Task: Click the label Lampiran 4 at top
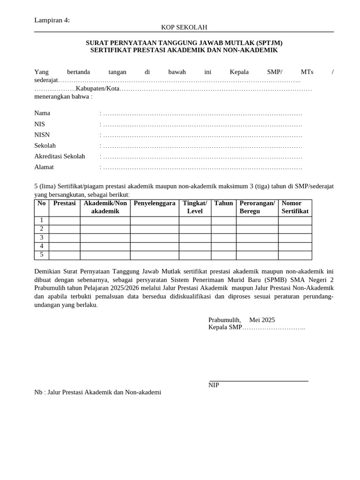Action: coord(52,20)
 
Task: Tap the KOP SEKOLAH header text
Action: coord(184,27)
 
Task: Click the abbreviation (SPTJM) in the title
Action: coord(269,43)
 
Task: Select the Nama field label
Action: coord(42,113)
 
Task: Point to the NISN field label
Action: coord(42,135)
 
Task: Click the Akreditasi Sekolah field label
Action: coord(60,156)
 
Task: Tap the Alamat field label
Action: coord(44,167)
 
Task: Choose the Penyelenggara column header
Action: coord(154,203)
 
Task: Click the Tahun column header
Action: coord(224,203)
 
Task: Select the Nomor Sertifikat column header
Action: coord(295,207)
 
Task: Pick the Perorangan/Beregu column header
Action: coord(257,207)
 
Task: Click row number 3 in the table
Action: coord(42,238)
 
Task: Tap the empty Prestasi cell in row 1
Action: coord(64,221)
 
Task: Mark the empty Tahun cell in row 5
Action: coord(224,255)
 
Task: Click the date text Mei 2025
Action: coord(262,320)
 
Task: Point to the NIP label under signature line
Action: coord(214,385)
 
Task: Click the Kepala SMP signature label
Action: coord(225,327)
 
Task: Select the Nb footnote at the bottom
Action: coord(97,392)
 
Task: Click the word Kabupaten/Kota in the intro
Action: coord(97,88)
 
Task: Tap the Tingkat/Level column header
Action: coord(195,207)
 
